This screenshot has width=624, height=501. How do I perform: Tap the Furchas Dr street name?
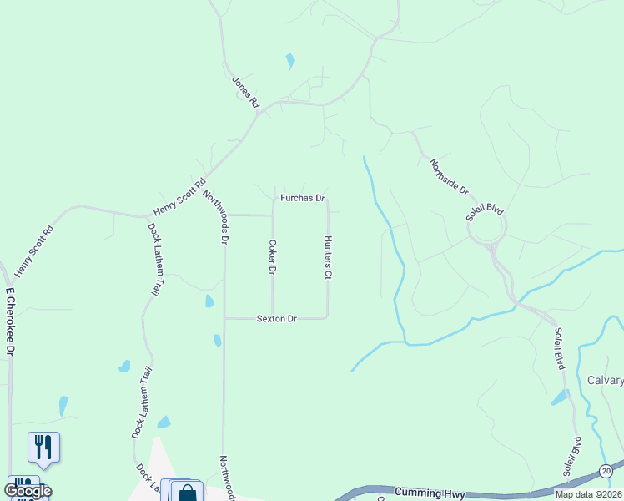coord(302,198)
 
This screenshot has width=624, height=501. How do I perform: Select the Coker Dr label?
coord(272,257)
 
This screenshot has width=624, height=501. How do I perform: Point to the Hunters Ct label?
coord(328,257)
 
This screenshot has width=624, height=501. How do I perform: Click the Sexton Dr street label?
coord(277,318)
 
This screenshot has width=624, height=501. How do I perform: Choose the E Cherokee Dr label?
coord(12,321)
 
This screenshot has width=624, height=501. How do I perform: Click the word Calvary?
coord(605,380)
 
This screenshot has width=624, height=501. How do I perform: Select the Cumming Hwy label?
coord(428,493)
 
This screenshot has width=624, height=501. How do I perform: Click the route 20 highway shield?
coord(606,472)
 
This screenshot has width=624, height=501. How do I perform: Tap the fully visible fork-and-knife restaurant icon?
coord(43,447)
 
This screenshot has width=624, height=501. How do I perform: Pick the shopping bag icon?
coord(187,492)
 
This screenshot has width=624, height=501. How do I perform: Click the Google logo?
coord(27,491)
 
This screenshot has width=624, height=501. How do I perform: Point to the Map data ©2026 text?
coord(588,494)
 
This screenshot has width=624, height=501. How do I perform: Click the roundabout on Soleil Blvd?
coord(488,228)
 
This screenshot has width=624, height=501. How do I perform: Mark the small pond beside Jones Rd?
coord(290,61)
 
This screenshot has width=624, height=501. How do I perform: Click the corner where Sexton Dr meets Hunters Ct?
coord(327,317)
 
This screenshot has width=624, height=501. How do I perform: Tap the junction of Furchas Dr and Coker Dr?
coord(273,199)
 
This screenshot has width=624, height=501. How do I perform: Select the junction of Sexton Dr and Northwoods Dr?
coord(224,318)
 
